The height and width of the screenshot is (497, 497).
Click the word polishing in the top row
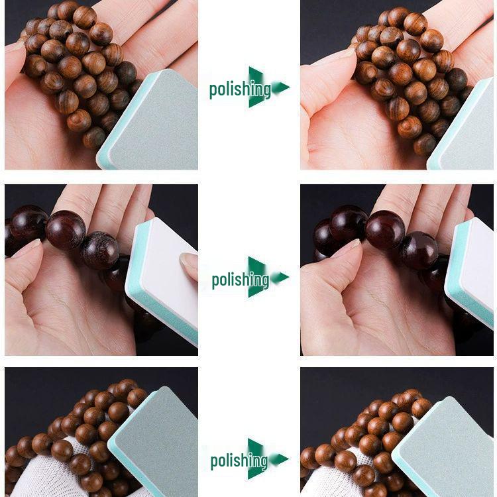(x=239, y=89)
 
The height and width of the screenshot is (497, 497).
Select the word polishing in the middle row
(x=240, y=280)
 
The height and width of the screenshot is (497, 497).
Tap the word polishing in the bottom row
(x=239, y=461)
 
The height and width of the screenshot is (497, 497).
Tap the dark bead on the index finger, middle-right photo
(x=385, y=229)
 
